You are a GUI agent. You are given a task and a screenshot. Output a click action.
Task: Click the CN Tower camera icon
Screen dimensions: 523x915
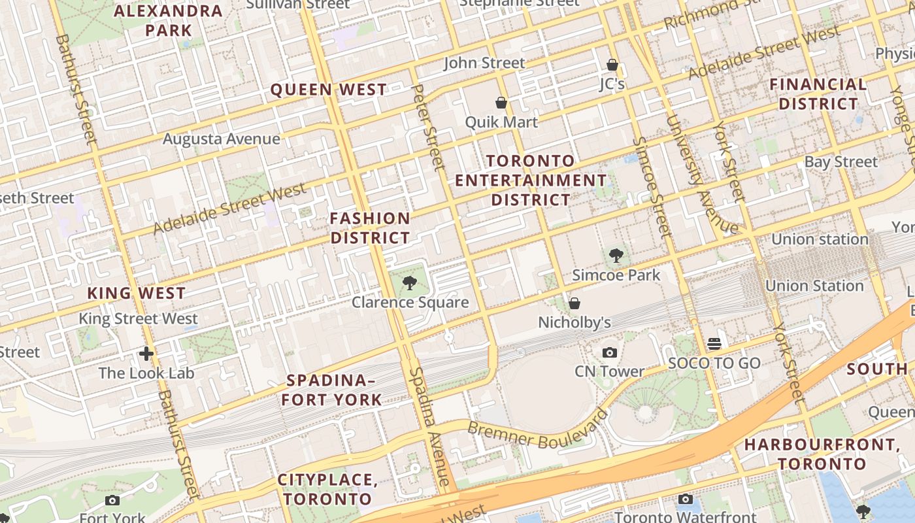(x=609, y=353)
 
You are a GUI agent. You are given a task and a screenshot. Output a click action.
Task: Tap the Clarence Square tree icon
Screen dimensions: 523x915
(x=410, y=283)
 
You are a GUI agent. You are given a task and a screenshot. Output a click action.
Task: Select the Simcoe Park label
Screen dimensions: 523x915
(x=616, y=275)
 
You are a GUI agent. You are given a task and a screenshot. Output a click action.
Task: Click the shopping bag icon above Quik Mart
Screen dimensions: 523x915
(x=501, y=103)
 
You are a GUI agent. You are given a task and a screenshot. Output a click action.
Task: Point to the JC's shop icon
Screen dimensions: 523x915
(x=612, y=65)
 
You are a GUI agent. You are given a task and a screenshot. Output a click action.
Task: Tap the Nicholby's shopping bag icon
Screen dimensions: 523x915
(x=574, y=303)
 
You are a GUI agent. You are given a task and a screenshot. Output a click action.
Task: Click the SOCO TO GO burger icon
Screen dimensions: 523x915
(x=714, y=344)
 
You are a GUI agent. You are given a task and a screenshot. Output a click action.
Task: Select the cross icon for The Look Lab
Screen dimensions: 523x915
(x=146, y=354)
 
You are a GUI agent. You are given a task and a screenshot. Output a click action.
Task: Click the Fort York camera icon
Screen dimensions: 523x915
(x=112, y=501)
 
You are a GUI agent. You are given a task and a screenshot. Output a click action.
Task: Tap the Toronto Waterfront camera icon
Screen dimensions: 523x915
(x=685, y=499)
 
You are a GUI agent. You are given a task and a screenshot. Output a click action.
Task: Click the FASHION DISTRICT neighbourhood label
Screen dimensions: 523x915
(x=370, y=228)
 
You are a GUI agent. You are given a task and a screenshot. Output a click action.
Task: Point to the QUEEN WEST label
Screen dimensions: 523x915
(x=329, y=90)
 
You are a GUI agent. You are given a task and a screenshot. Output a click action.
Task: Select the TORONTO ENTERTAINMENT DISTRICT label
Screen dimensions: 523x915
(x=531, y=180)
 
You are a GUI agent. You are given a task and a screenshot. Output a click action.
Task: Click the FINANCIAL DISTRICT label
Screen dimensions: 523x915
(x=818, y=94)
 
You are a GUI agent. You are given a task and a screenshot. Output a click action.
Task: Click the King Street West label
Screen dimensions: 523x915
(x=138, y=319)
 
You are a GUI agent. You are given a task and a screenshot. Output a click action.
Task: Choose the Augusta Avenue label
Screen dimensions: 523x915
(x=221, y=139)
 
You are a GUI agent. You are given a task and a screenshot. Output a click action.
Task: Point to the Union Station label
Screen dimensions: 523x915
(x=814, y=286)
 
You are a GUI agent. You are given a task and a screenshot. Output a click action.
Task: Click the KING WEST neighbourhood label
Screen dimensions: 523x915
(x=137, y=293)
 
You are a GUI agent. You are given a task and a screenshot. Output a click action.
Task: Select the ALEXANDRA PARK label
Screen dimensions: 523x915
(x=168, y=20)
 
